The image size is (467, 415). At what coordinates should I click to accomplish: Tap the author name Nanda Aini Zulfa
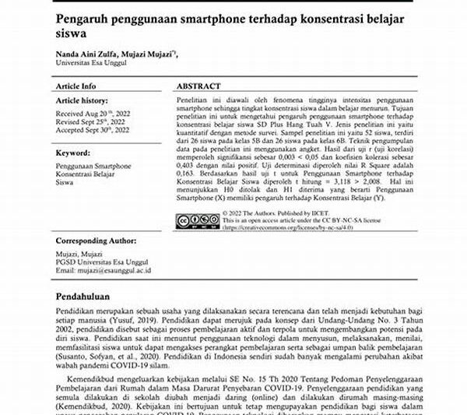click(x=87, y=53)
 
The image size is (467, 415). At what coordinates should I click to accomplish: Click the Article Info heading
click(x=76, y=86)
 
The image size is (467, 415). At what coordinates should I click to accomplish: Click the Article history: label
click(x=81, y=102)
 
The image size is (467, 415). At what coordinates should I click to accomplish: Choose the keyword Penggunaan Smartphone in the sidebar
click(x=93, y=166)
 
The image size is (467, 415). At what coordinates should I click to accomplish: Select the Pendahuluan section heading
click(x=89, y=297)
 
